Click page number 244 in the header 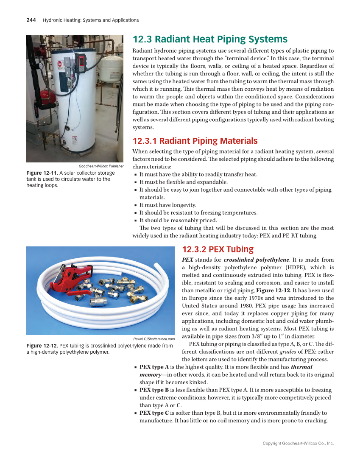pyautogui.click(x=31, y=20)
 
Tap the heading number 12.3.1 pyautogui.click(x=145, y=141)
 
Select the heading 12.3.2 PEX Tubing pyautogui.click(x=218, y=249)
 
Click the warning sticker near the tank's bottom pyautogui.click(x=75, y=140)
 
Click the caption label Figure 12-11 pyautogui.click(x=42, y=173)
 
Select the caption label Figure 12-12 pyautogui.click(x=42, y=346)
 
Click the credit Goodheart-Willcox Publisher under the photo pyautogui.click(x=101, y=166)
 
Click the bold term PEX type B pyautogui.click(x=154, y=390)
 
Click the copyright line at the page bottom pyautogui.click(x=298, y=443)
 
